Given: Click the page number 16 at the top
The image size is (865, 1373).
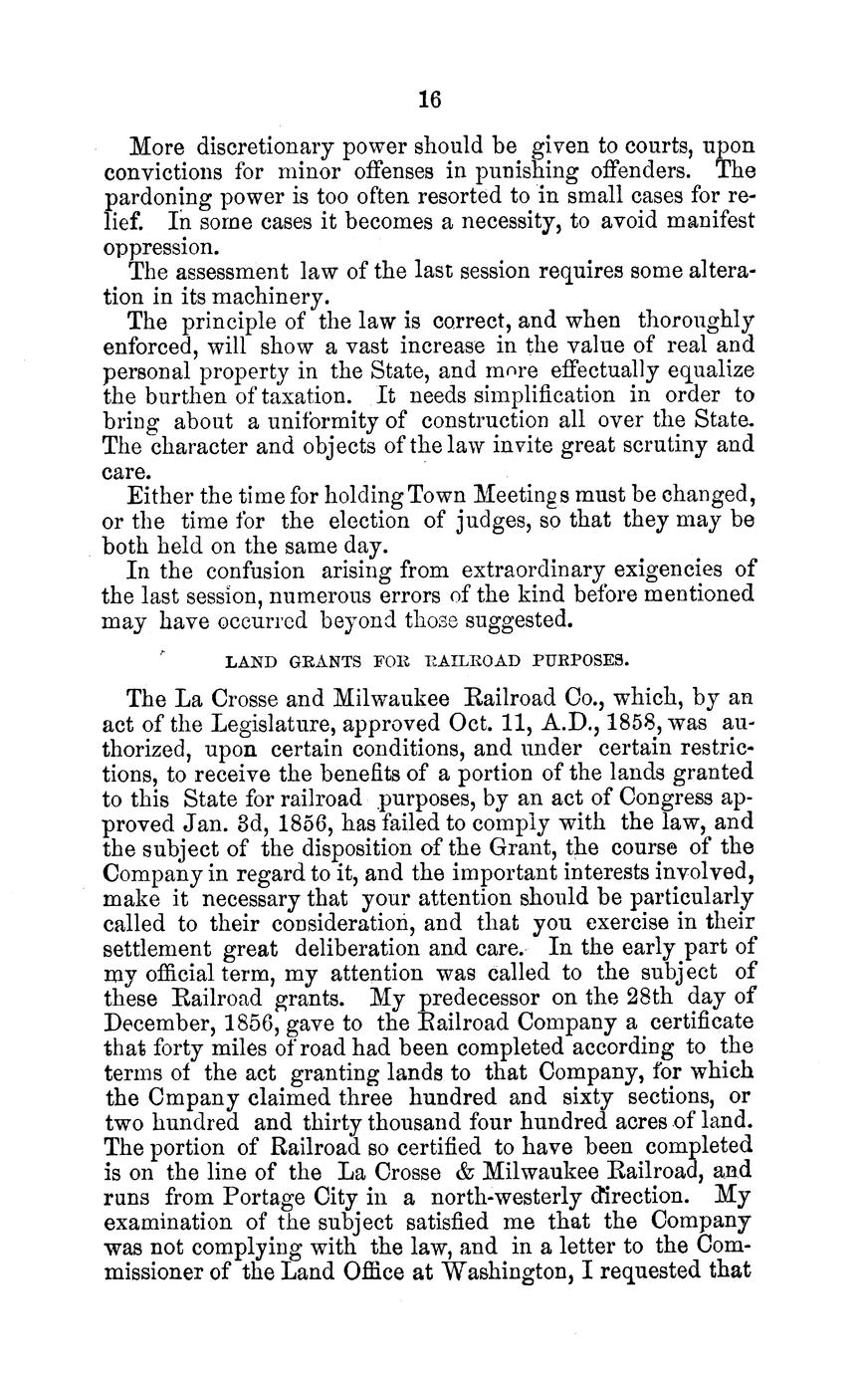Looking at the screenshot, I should [x=429, y=100].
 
